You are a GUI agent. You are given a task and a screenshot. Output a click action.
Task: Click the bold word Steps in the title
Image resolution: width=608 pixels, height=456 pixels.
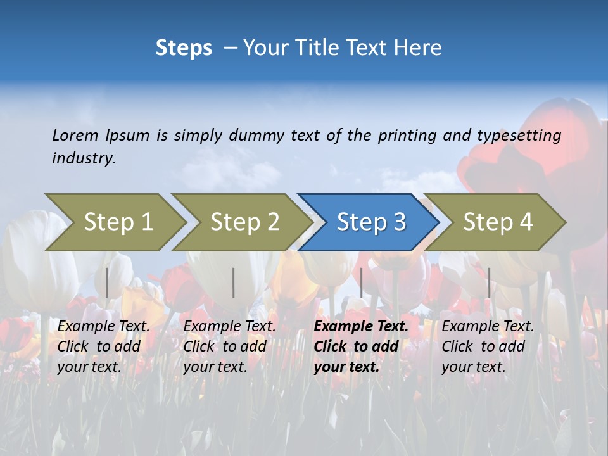184,48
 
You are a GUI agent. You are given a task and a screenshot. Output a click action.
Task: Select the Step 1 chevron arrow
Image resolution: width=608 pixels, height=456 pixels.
118,222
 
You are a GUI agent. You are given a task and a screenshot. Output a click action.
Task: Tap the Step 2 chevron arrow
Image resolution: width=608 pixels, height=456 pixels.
244,222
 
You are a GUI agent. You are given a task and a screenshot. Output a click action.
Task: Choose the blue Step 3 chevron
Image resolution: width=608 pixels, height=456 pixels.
370,222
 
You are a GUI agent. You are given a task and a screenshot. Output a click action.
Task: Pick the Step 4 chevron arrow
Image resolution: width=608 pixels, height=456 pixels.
497,222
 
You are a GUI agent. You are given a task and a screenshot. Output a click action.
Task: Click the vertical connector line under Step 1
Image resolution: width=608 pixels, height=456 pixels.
107,282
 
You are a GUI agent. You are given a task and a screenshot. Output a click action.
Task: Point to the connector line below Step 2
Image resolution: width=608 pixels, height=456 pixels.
234,282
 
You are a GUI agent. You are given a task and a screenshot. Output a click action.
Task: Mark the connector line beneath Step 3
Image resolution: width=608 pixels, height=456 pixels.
362,282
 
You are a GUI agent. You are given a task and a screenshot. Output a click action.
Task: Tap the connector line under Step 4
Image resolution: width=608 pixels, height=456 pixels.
489,282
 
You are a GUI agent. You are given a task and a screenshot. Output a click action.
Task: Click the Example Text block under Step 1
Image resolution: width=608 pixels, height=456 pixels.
103,346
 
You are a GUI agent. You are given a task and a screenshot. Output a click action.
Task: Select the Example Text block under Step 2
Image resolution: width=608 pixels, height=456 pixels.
229,346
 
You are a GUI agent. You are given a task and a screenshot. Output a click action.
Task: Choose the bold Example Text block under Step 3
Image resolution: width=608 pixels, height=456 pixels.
361,346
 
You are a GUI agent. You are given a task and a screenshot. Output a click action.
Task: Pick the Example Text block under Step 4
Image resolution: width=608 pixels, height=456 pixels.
488,346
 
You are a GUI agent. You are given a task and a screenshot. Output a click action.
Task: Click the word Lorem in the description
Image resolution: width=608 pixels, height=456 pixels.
75,136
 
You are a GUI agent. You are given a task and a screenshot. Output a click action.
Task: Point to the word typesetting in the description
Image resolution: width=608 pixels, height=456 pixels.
519,136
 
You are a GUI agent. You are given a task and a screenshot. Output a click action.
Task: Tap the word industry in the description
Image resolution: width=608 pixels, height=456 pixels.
82,158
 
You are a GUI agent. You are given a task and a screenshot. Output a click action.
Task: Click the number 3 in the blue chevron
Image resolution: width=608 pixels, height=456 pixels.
399,222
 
